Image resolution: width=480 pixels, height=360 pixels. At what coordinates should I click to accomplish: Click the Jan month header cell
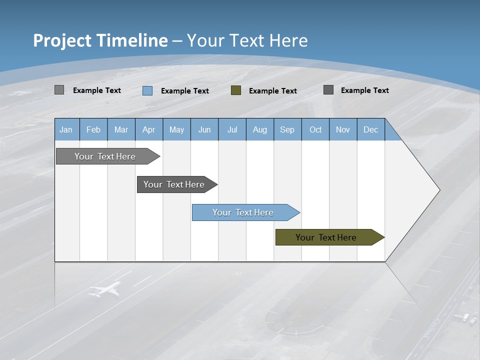[x=66, y=129]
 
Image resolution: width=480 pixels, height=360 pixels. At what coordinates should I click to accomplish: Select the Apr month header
[x=148, y=129]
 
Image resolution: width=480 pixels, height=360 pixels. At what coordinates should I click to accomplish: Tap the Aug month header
[x=259, y=129]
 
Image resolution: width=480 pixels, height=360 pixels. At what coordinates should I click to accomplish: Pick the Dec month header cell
[x=370, y=129]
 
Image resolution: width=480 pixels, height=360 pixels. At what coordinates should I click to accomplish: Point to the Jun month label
[x=204, y=129]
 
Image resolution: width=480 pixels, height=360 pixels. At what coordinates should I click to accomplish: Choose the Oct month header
[x=315, y=129]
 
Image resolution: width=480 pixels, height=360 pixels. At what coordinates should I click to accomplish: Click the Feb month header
[x=93, y=129]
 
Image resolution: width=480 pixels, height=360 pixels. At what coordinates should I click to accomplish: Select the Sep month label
[x=287, y=129]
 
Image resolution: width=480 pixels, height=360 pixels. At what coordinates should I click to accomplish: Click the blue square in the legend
[x=147, y=90]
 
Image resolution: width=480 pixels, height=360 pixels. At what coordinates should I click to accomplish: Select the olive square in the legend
[x=236, y=90]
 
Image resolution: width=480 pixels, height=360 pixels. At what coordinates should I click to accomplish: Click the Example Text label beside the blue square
[x=185, y=91]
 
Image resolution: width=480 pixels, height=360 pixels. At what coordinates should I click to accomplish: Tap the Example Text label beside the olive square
[x=273, y=91]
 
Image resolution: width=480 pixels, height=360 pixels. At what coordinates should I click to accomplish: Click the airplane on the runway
[x=105, y=289]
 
